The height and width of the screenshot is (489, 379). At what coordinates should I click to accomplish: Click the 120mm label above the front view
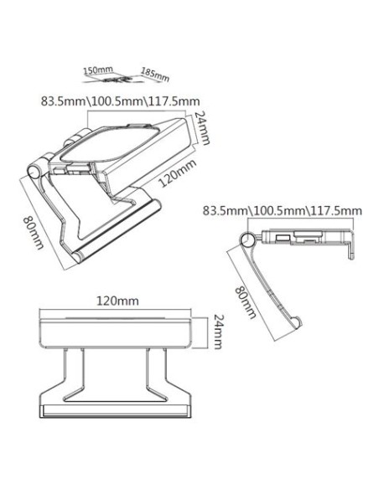[x=117, y=300]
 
